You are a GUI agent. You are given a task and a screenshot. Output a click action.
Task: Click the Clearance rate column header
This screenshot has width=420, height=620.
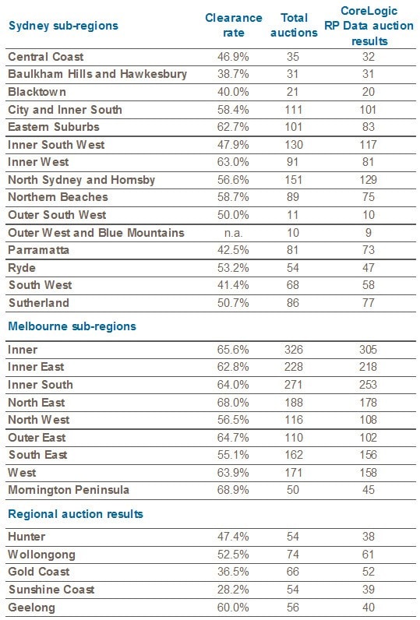point(233,25)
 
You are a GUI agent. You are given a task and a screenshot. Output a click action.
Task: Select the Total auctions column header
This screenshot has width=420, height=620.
point(294,25)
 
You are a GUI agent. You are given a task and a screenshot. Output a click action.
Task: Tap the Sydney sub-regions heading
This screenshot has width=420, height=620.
point(63,26)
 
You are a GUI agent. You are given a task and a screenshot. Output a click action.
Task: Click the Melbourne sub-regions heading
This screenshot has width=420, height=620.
point(72,326)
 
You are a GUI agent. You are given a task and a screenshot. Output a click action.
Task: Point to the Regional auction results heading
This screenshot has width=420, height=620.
point(76,514)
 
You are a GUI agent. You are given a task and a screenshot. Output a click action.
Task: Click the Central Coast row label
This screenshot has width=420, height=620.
point(46,57)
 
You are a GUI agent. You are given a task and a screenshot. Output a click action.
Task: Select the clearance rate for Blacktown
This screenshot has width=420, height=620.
point(233,92)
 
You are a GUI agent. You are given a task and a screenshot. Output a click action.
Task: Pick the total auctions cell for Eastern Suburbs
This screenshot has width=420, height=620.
point(294,127)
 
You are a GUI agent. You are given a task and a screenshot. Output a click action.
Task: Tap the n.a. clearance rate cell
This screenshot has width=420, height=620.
point(233,233)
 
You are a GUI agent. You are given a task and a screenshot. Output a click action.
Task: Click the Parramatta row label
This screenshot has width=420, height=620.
point(39,250)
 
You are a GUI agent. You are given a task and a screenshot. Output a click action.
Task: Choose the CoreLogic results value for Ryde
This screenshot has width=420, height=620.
point(369,268)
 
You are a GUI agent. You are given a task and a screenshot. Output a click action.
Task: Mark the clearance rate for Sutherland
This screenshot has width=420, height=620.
point(233,303)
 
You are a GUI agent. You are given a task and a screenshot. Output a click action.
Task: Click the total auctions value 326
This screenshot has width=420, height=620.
point(294,350)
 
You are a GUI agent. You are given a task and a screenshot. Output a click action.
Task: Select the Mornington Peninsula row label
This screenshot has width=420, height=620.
point(69,490)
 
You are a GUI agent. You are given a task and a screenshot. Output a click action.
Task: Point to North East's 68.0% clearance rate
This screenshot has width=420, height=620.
point(233,403)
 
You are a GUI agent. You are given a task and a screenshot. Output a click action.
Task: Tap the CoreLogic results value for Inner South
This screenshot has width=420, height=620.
point(369,385)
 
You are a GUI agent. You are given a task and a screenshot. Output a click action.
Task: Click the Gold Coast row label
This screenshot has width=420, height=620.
point(39,572)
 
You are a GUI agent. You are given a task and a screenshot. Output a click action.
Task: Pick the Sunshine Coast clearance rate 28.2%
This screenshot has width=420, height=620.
point(233,589)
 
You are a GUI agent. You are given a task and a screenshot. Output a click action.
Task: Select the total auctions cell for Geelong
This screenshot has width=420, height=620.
point(293,607)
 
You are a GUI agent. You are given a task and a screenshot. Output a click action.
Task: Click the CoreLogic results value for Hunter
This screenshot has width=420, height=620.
point(369,537)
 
